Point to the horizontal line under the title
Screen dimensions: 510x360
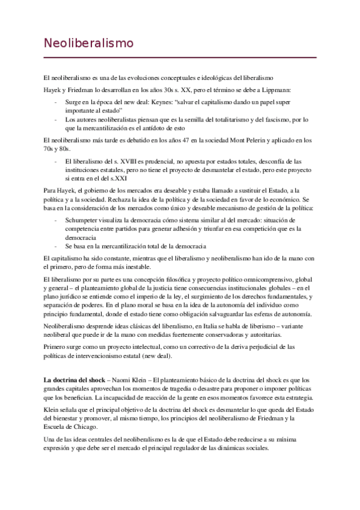click(x=180, y=57)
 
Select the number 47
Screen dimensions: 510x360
click(x=169, y=140)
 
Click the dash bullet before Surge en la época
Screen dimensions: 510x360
click(x=56, y=102)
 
